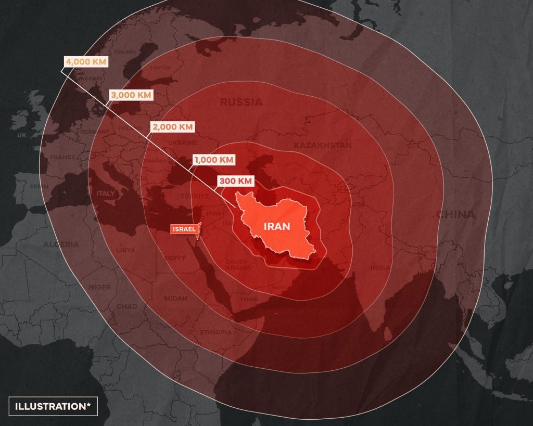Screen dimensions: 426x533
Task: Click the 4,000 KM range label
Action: (x=85, y=62)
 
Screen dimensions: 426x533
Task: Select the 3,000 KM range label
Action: (x=131, y=95)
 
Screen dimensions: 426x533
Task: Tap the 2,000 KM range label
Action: (x=171, y=127)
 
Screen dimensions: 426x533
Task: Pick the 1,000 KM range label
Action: (x=214, y=160)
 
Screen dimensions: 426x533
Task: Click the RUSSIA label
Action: (x=241, y=102)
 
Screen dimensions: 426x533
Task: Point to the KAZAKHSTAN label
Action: (x=322, y=145)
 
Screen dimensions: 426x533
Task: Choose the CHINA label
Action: (x=455, y=214)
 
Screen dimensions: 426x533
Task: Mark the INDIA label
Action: (x=379, y=268)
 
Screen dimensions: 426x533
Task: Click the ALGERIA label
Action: (x=61, y=244)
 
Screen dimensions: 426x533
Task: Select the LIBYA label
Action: (x=125, y=250)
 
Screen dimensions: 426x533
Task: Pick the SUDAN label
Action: (x=175, y=299)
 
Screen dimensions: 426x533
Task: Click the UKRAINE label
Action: (x=183, y=143)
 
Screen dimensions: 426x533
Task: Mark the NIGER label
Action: (x=99, y=287)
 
